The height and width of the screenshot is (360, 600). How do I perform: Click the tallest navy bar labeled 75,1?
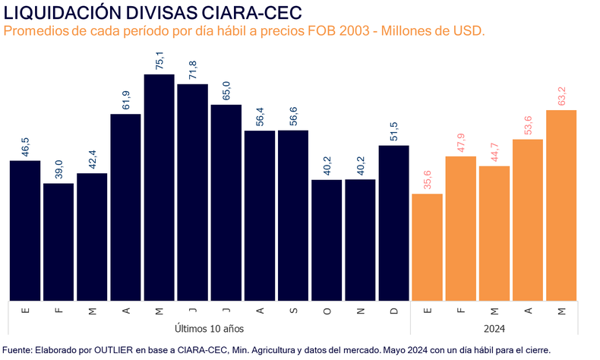(x=159, y=187)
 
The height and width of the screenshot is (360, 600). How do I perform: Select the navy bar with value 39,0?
(x=58, y=242)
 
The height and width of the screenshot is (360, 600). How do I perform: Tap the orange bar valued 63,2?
(x=561, y=205)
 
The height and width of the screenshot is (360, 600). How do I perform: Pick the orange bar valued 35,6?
(x=427, y=247)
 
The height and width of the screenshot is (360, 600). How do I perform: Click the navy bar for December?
(x=394, y=223)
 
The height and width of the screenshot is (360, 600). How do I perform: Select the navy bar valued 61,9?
(x=125, y=207)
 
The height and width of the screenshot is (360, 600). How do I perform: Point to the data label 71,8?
(x=193, y=70)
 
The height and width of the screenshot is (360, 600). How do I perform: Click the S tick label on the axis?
(x=293, y=311)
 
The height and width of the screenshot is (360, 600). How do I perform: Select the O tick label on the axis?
(x=327, y=311)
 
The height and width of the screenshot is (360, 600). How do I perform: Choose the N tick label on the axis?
(x=360, y=311)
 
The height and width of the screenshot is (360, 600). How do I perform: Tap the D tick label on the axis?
(x=394, y=311)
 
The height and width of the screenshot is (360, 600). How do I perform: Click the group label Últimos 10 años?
(x=209, y=328)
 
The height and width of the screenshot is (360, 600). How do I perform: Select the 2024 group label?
(x=494, y=328)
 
